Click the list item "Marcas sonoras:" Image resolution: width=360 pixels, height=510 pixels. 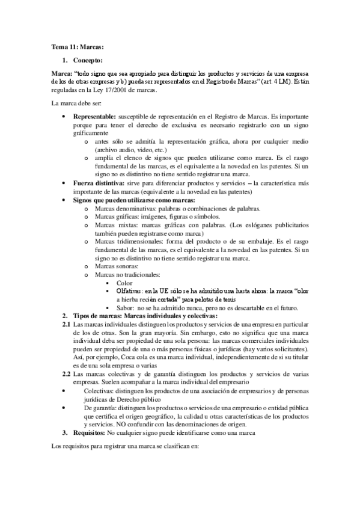tap(117, 266)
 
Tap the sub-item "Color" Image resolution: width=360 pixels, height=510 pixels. tap(125, 282)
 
